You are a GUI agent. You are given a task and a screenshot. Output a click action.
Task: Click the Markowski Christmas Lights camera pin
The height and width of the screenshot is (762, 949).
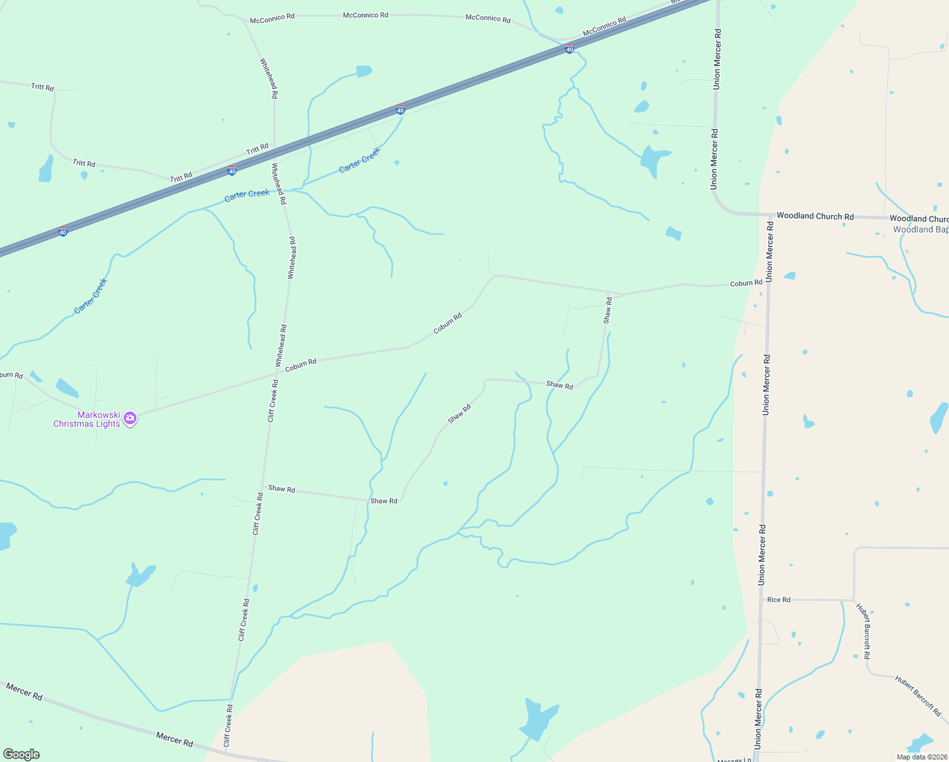click(x=130, y=418)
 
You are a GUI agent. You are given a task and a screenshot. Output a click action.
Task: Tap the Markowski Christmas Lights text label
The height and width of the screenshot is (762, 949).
click(x=86, y=420)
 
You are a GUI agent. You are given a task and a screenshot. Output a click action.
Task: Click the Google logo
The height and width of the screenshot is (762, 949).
click(x=22, y=754)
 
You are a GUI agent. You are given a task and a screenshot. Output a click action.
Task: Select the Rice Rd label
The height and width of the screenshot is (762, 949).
click(x=778, y=599)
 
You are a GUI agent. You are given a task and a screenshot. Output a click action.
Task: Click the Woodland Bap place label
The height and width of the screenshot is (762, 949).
click(x=920, y=230)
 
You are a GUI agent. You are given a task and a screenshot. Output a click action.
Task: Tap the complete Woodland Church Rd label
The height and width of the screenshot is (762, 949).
click(x=815, y=216)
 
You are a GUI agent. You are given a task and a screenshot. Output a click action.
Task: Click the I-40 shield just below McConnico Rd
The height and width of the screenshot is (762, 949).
click(x=570, y=50)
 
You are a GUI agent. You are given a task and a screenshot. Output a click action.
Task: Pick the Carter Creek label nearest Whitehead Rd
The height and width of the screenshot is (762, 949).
click(x=247, y=194)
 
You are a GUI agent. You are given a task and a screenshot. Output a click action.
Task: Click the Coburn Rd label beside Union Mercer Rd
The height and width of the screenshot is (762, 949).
click(x=746, y=283)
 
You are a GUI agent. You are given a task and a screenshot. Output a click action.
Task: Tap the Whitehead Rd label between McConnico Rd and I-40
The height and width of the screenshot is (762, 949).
click(x=268, y=77)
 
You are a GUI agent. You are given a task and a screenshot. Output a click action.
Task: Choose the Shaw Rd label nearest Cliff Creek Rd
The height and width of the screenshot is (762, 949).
click(x=281, y=489)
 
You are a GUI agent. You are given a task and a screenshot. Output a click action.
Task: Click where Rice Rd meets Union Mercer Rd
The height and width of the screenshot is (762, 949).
click(x=762, y=599)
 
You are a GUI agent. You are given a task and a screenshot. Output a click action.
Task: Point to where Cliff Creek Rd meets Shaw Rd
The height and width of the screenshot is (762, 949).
click(x=261, y=486)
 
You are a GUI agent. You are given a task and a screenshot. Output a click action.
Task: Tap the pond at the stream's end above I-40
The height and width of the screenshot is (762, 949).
click(x=363, y=71)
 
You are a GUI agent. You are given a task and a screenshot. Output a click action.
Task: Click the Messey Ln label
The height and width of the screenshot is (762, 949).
click(x=734, y=759)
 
